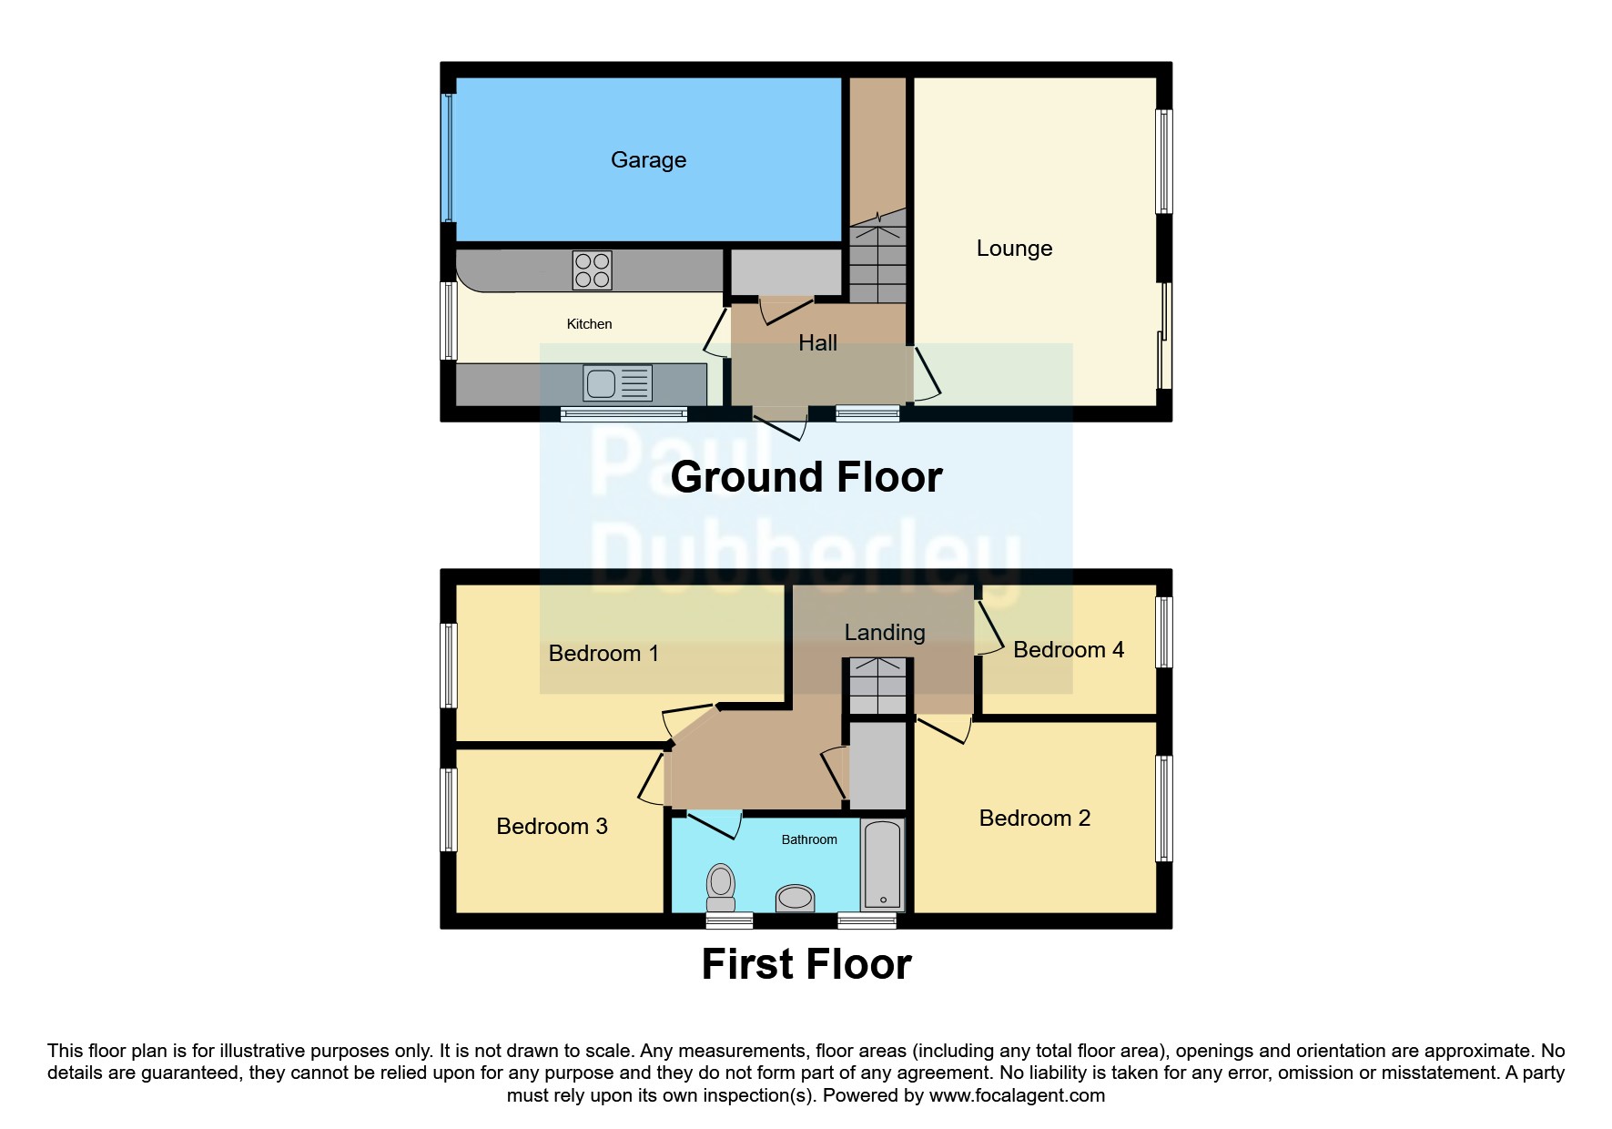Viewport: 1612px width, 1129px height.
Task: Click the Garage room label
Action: point(648,160)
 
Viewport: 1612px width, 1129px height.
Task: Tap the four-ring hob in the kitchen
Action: point(592,270)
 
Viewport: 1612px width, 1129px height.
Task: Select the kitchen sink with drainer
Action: point(618,383)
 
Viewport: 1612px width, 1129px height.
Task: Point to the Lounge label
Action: point(1014,249)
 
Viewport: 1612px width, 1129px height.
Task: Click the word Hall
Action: point(817,343)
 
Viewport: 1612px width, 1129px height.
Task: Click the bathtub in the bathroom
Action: point(882,864)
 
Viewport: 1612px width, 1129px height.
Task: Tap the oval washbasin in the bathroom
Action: point(796,899)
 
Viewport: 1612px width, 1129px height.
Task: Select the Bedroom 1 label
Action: point(603,654)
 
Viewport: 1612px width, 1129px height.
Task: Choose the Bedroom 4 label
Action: point(1068,650)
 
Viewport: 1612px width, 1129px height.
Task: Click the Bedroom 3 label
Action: point(552,827)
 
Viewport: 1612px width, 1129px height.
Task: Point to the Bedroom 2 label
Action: point(1034,819)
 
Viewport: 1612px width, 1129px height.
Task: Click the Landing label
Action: point(884,633)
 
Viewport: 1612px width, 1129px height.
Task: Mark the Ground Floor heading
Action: point(806,477)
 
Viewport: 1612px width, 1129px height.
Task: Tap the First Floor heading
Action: point(806,964)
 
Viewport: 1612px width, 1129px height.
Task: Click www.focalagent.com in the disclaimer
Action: point(1017,1095)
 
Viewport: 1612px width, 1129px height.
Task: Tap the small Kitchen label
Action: point(589,324)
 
